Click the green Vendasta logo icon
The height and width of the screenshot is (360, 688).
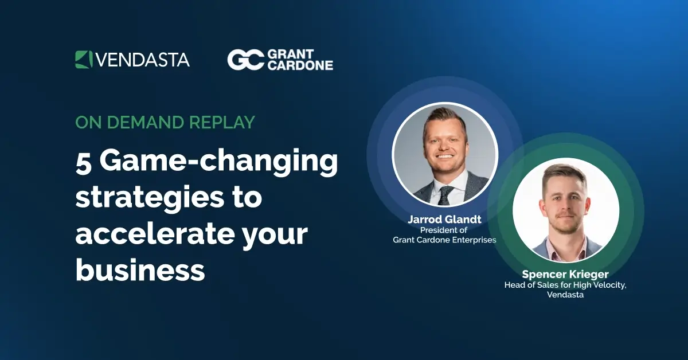point(84,60)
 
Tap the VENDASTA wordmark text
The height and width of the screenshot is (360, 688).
point(142,60)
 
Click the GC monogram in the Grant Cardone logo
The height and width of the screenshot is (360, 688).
point(245,60)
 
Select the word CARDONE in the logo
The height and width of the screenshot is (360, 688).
point(300,65)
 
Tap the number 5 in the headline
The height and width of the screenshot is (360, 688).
point(84,162)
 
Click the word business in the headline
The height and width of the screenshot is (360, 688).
point(140,269)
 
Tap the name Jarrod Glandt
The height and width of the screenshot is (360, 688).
point(444,220)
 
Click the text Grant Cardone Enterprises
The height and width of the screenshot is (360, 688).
point(444,240)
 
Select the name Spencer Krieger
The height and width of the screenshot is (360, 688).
point(565,275)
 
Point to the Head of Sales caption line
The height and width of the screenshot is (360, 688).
point(565,285)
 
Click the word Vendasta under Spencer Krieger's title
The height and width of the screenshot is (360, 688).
point(565,295)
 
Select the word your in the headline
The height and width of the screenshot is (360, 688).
point(276,234)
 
